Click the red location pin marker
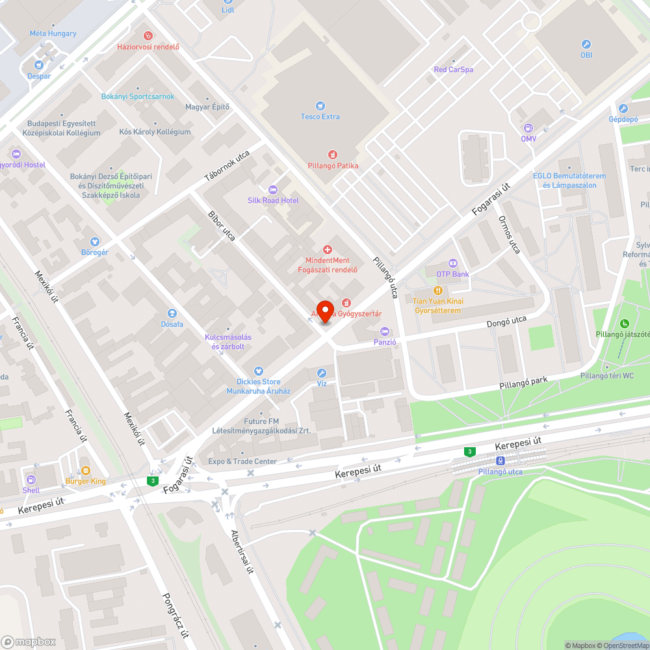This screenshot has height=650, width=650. click(325, 310)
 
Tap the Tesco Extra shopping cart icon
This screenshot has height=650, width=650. click(320, 105)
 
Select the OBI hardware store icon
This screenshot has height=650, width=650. click(586, 45)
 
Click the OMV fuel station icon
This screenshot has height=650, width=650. click(528, 128)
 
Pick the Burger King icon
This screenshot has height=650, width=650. click(85, 471)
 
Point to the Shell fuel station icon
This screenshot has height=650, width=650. click(31, 479)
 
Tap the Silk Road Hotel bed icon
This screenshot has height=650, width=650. click(272, 189)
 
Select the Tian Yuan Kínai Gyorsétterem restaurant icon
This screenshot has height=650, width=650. click(437, 291)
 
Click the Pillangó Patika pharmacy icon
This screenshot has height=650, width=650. click(333, 155)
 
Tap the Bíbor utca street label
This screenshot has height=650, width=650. click(221, 226)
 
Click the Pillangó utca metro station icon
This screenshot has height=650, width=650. click(499, 461)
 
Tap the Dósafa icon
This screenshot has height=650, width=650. click(172, 313)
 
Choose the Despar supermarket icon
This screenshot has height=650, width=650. click(39, 65)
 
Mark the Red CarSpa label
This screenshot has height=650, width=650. click(453, 70)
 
